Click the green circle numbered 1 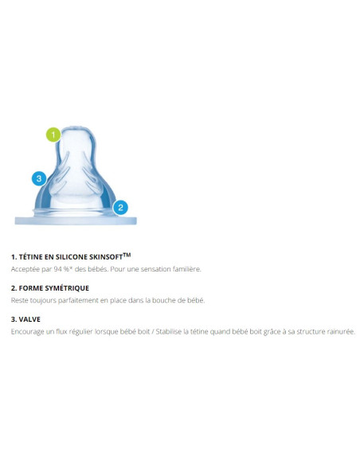click(53, 135)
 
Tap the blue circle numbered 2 click(120, 207)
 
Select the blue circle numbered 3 click(39, 178)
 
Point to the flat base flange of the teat click(76, 221)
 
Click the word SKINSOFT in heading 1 click(106, 257)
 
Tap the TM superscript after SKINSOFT click(127, 255)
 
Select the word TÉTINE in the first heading click(31, 257)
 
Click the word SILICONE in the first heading click(71, 257)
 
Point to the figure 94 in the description click(57, 269)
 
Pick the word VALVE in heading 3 click(29, 319)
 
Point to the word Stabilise click(168, 331)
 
